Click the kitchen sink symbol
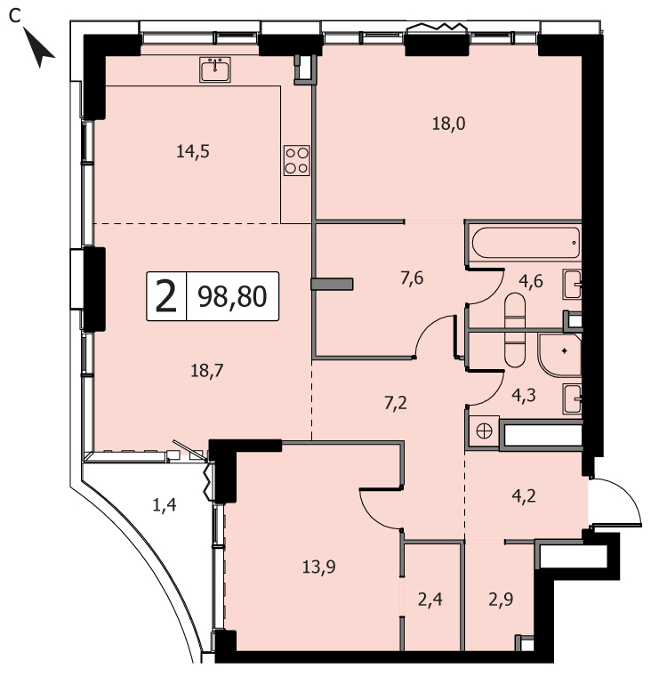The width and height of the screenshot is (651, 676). tap(214, 69)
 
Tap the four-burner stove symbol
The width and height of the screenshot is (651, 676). tap(297, 160)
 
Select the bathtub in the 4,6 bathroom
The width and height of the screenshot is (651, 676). tap(526, 243)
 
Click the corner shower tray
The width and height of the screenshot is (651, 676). tap(559, 354)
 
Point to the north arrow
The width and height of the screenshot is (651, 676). tap(39, 47)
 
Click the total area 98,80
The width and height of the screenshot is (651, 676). tap(232, 296)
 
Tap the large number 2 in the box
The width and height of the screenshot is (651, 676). tap(166, 296)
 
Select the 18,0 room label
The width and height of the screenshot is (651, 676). tap(448, 125)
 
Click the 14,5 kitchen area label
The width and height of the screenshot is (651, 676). tap(193, 152)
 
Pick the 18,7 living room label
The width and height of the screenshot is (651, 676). tap(207, 370)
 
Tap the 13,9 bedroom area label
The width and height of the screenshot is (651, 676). tap(318, 567)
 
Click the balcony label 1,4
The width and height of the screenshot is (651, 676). tap(165, 504)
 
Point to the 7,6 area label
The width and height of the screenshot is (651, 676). tap(412, 278)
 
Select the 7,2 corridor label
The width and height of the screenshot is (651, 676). tap(396, 404)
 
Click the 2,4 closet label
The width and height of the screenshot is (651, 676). tap(430, 600)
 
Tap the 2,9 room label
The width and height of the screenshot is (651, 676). tap(501, 600)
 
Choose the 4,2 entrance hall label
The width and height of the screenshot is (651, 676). tap(524, 495)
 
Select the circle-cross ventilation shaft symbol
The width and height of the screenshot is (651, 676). tap(484, 431)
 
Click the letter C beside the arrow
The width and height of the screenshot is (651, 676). tap(15, 16)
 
